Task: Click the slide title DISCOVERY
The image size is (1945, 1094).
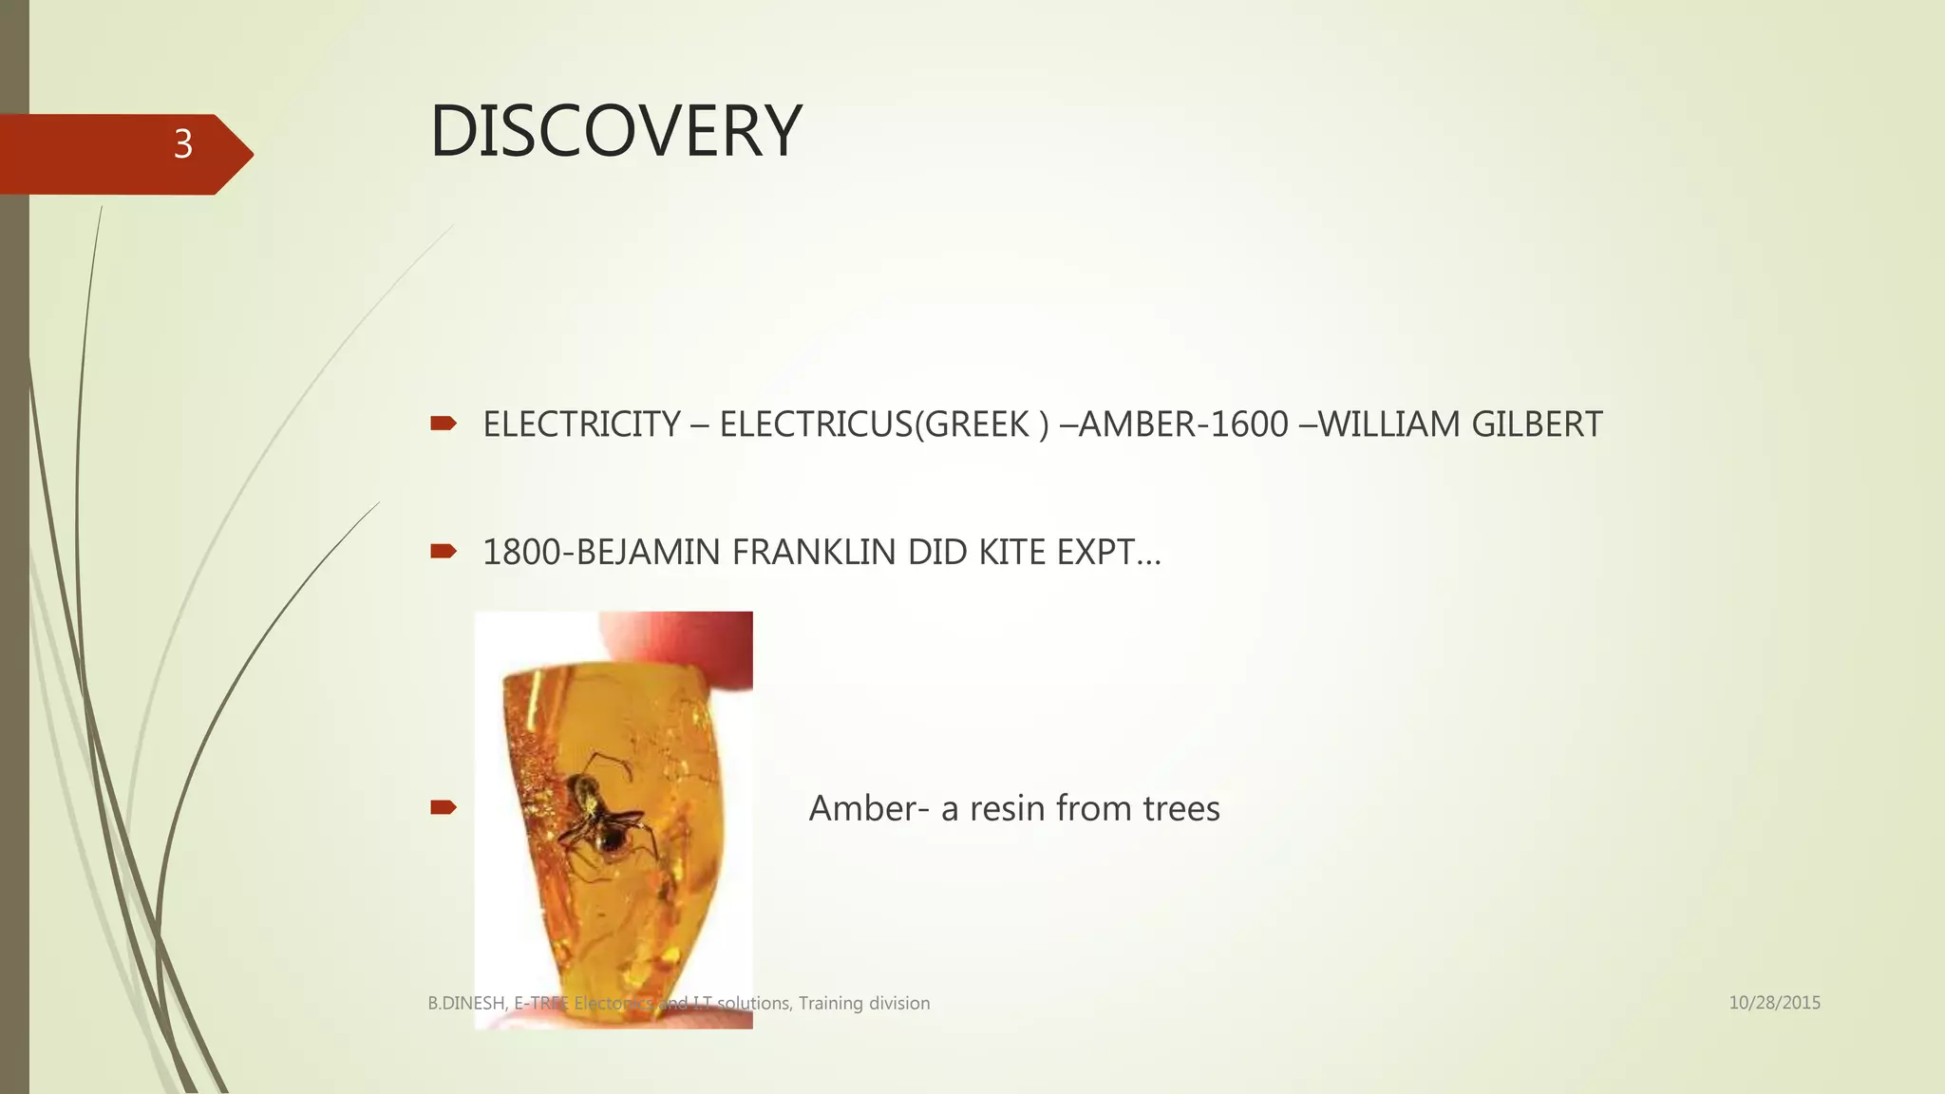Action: tap(615, 131)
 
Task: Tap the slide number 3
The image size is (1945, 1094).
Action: tap(183, 144)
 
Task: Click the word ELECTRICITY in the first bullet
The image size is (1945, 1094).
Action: tap(581, 424)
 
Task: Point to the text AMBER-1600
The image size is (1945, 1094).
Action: tap(1183, 424)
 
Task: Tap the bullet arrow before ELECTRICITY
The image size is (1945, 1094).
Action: tap(444, 424)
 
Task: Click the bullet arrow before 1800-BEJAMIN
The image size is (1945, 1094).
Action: tap(444, 551)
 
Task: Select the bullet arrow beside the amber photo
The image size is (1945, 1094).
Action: tap(444, 807)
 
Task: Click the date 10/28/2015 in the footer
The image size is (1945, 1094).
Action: tap(1774, 1003)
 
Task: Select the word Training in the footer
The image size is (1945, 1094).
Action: tap(830, 1003)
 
